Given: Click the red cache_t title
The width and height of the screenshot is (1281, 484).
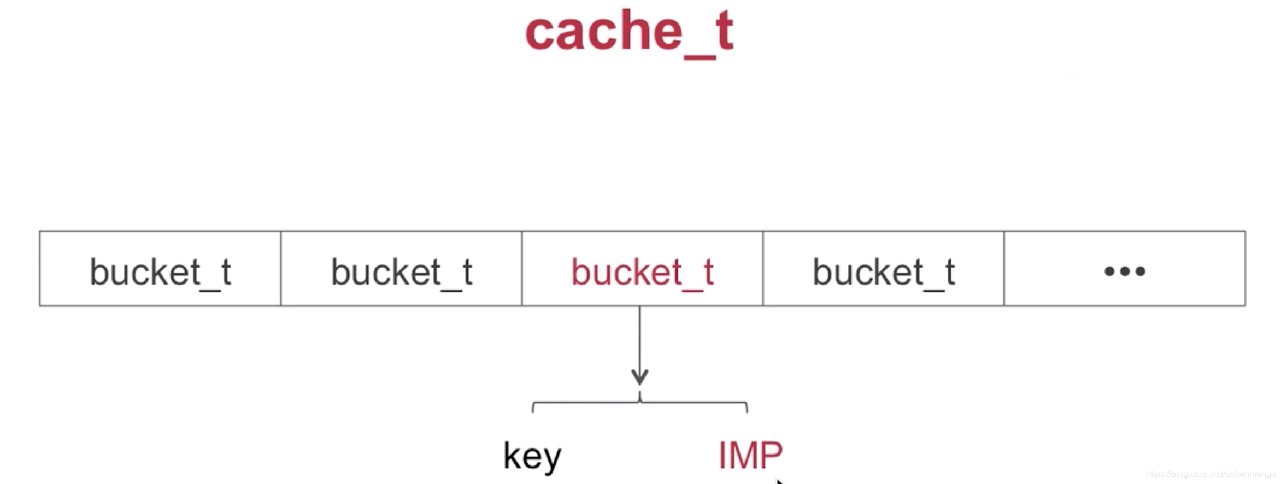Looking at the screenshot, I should click(629, 32).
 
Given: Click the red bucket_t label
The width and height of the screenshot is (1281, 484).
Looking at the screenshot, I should click(643, 271).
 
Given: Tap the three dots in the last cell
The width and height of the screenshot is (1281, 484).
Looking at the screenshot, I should click(1125, 271).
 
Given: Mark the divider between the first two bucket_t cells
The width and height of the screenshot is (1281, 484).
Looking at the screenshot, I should click(281, 268).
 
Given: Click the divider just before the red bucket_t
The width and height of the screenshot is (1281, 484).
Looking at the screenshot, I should click(522, 268).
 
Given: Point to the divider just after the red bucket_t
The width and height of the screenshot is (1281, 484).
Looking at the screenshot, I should click(763, 268).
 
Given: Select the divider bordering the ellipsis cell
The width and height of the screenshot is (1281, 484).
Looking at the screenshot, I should click(1004, 268).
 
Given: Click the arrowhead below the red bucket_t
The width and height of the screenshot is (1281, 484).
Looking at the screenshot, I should click(640, 377).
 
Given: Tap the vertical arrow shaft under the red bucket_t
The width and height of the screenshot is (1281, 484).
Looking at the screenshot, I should click(640, 339).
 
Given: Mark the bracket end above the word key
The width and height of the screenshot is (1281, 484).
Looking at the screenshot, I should click(533, 407).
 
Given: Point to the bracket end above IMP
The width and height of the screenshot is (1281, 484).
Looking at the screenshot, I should click(747, 407).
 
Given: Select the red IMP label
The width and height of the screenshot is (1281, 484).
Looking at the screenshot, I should click(750, 455).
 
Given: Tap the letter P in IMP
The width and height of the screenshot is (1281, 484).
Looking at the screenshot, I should click(772, 455).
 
